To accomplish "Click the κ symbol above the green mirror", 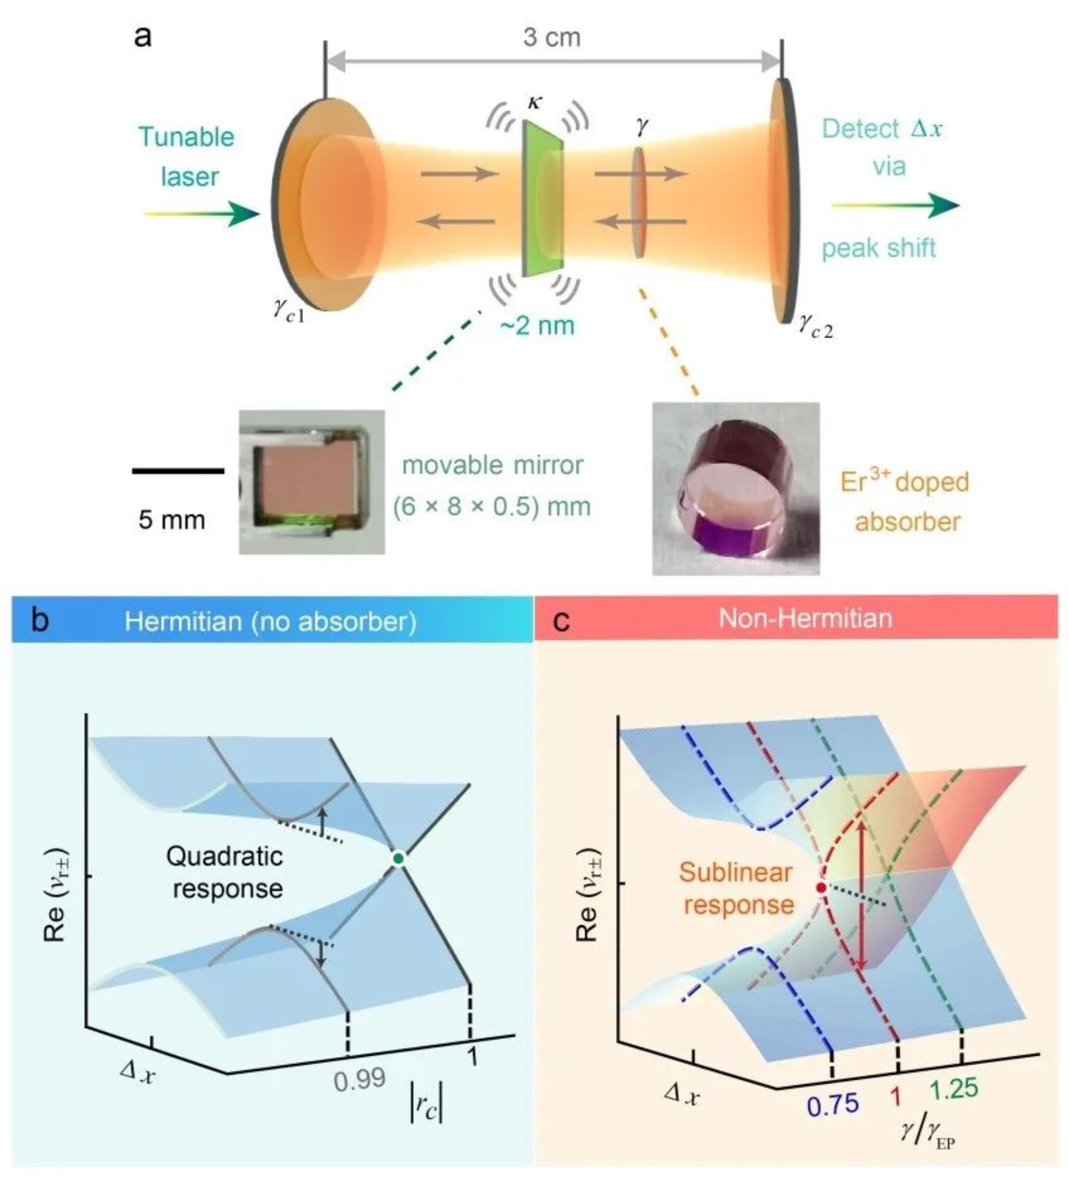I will [x=535, y=103].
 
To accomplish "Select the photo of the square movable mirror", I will [x=311, y=482].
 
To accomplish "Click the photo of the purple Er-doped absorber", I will [x=735, y=488].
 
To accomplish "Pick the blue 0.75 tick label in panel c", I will [x=833, y=1104].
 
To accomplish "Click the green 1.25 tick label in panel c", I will [x=954, y=1089].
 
